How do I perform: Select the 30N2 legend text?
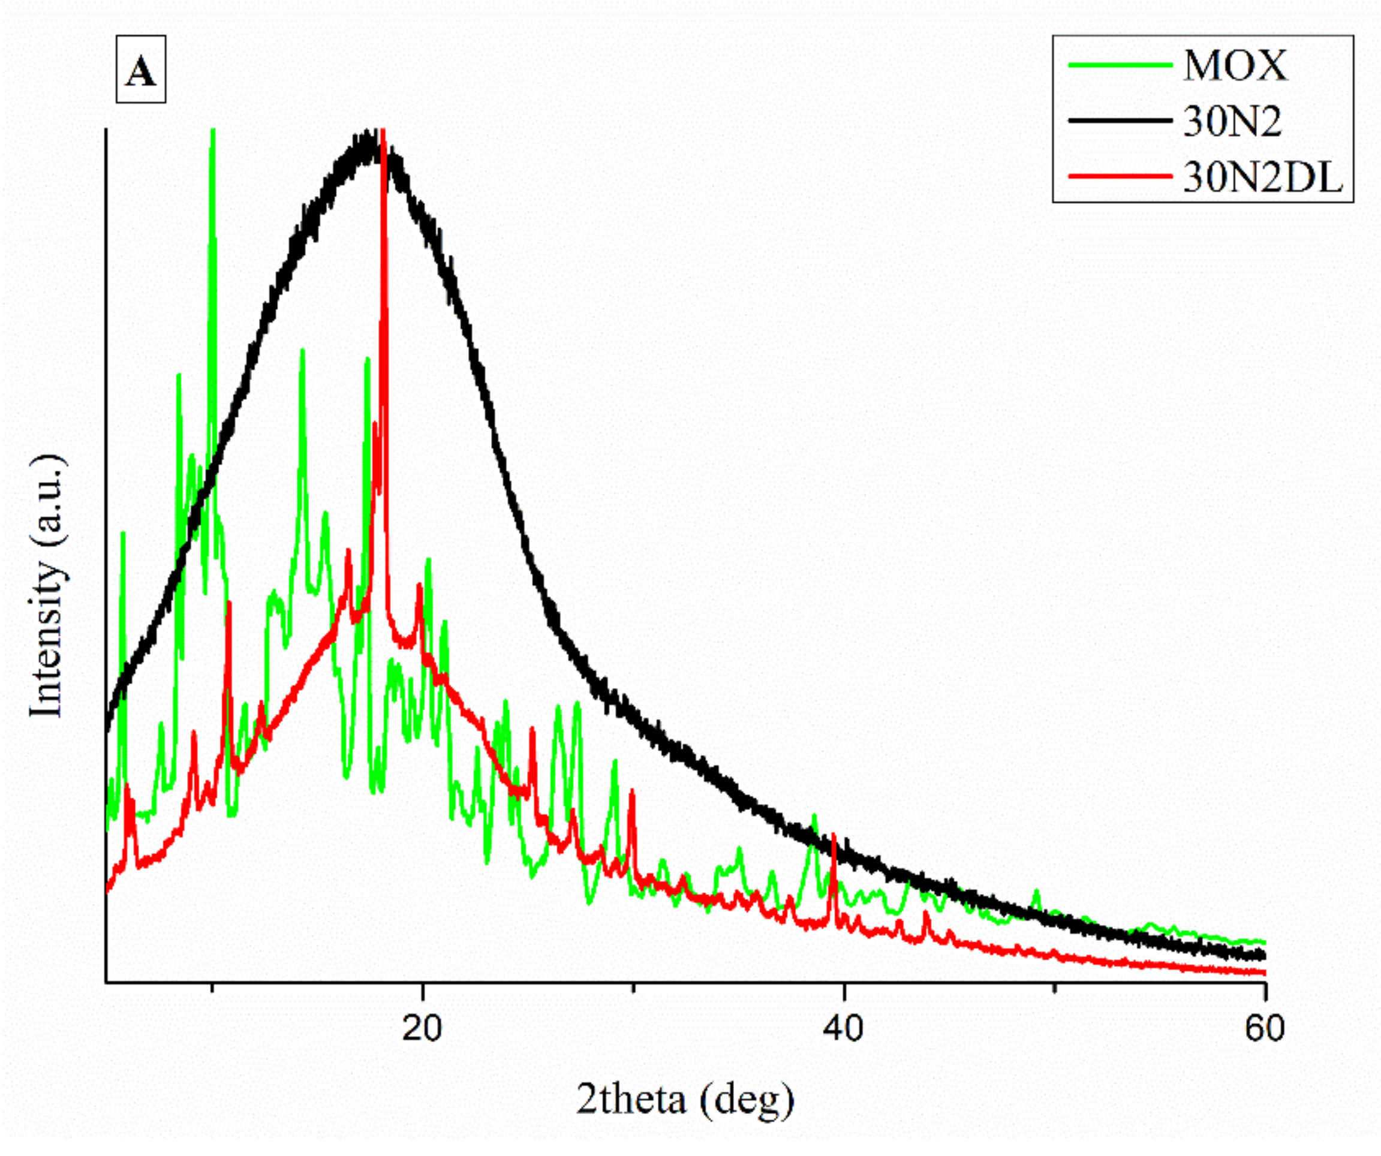[x=1232, y=122]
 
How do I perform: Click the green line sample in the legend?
[x=1120, y=66]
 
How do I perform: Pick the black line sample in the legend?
[x=1120, y=121]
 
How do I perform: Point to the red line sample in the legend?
[x=1120, y=176]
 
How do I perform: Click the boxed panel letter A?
[x=141, y=70]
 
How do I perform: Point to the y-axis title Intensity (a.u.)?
[x=47, y=585]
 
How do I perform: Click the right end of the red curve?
[x=1264, y=973]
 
